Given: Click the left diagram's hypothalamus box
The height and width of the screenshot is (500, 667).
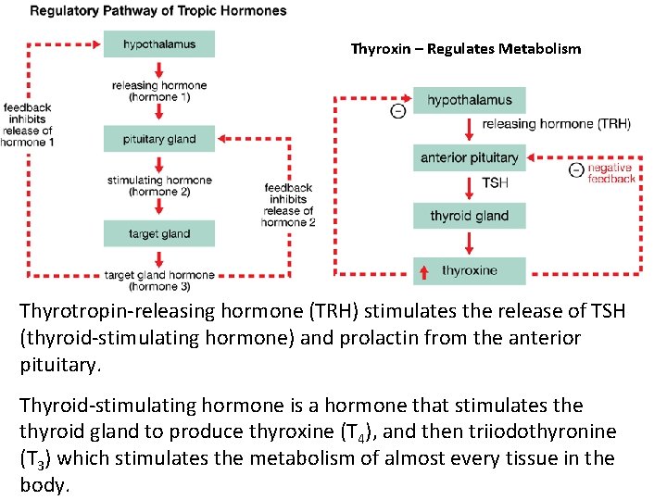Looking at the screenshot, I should pos(158,44).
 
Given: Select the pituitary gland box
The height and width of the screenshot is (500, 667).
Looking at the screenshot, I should pos(158,139).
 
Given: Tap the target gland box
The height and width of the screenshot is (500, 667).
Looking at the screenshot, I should pos(158,233).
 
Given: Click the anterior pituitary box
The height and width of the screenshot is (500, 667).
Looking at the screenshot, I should pos(469,157).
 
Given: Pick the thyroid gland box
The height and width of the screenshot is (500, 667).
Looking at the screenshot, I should pos(469,216).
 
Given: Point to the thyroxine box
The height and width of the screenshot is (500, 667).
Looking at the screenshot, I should pos(469,271).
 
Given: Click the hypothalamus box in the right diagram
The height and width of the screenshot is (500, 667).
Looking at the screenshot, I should pos(469,100).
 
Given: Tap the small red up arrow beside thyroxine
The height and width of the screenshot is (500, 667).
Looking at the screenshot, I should pos(424,271).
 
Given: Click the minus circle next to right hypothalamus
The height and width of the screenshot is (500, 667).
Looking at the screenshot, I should pos(398,111).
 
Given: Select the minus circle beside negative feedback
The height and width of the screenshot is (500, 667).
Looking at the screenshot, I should pos(576,169).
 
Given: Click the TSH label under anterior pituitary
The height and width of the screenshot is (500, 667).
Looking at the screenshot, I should pos(495,183).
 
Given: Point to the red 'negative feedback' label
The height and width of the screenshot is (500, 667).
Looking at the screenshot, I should pos(611,173).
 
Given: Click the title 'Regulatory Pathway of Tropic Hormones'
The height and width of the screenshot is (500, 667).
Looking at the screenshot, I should pos(158,11).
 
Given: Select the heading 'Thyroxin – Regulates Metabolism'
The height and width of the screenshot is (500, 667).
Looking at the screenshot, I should pos(465,48).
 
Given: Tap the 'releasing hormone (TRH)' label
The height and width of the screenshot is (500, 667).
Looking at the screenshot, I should pos(556,124).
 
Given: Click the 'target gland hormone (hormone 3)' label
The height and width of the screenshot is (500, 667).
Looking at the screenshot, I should pos(159,280).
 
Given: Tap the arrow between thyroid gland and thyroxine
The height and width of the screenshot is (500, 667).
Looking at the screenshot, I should pos(470,243).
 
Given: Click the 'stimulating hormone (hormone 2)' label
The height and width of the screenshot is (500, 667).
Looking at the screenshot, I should pos(159,186).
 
